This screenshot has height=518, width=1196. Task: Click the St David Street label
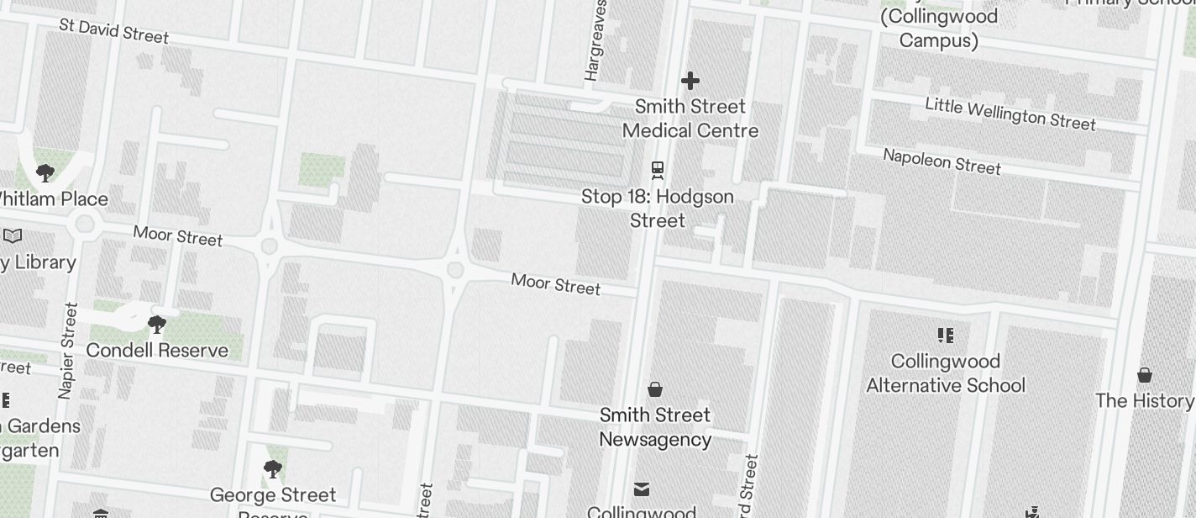[x=114, y=30]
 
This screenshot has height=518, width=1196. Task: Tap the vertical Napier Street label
[x=68, y=350]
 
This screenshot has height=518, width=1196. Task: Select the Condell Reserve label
[x=157, y=350]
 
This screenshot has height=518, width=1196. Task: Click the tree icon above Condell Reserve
[x=156, y=325]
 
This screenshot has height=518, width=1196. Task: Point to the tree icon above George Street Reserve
[x=272, y=469]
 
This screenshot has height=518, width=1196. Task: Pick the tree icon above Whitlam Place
[x=45, y=173]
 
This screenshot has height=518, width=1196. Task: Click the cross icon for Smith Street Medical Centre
[x=690, y=81]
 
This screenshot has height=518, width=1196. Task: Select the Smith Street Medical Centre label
[x=690, y=119]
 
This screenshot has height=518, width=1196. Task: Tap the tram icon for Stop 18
[x=658, y=171]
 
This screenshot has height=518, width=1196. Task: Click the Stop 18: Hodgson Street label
[x=658, y=209]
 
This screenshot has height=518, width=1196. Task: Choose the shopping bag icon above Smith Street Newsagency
[x=655, y=389]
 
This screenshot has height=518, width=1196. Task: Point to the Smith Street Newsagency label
[x=655, y=427]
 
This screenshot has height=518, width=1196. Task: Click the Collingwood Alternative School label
[x=946, y=373]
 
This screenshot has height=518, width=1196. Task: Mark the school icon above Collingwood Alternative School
[x=947, y=336]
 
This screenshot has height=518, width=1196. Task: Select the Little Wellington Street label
[x=1010, y=114]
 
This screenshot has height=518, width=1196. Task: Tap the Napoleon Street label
[x=942, y=161]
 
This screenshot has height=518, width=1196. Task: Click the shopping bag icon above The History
[x=1145, y=375]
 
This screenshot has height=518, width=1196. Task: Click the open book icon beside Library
[x=13, y=236]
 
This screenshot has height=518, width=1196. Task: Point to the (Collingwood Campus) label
[x=939, y=29]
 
